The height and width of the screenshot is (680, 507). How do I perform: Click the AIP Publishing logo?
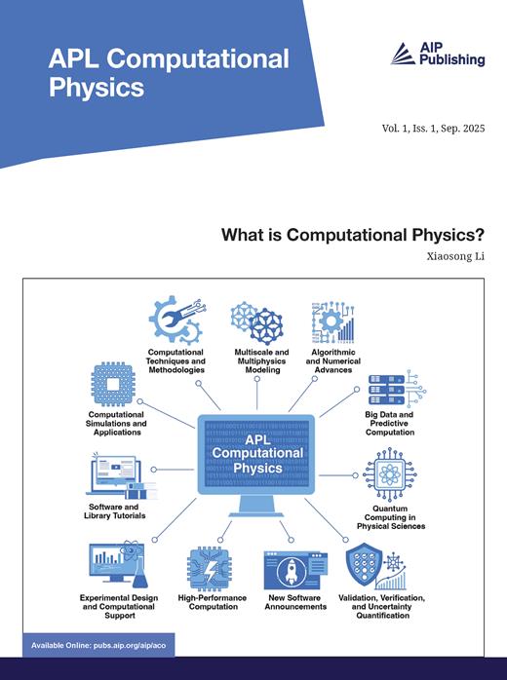pyautogui.click(x=437, y=55)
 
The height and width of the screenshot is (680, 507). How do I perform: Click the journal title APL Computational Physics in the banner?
pyautogui.click(x=169, y=73)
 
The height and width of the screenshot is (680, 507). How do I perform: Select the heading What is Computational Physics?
pyautogui.click(x=353, y=235)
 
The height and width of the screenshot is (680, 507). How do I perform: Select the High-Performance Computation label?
pyautogui.click(x=213, y=602)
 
